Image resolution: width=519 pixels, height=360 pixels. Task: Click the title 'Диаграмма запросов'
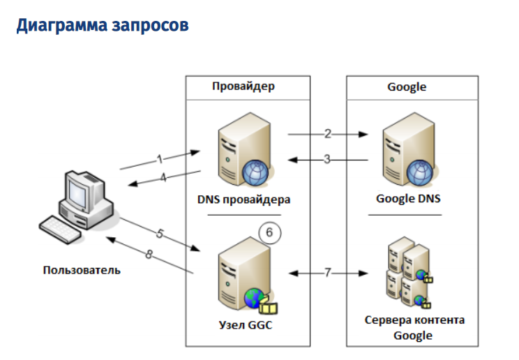click(x=103, y=26)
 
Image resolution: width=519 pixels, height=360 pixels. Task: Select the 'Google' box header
click(x=407, y=87)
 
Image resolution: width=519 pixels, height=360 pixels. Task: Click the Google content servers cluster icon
click(x=409, y=273)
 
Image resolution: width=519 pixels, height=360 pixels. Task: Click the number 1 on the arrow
click(x=159, y=158)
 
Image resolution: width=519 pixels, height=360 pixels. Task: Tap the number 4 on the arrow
click(x=163, y=178)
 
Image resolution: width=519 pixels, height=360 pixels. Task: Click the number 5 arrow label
click(x=160, y=234)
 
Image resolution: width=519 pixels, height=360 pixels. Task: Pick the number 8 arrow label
click(x=149, y=255)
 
